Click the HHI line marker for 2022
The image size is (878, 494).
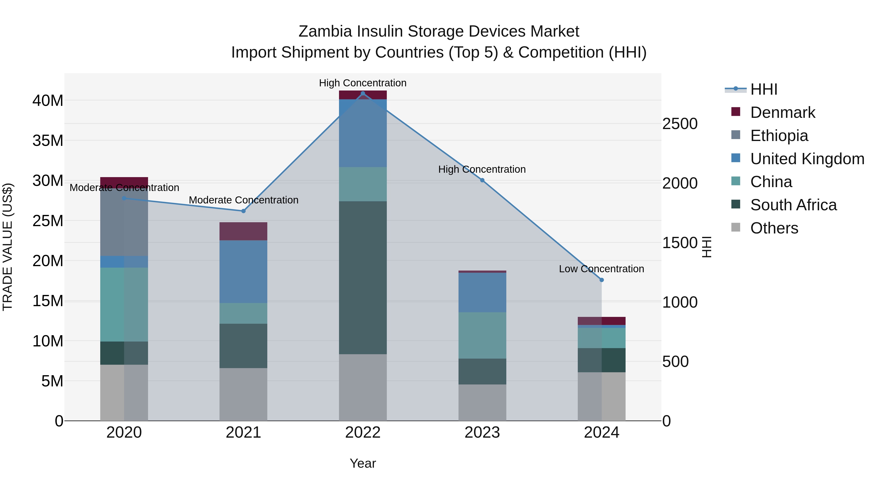click(x=363, y=93)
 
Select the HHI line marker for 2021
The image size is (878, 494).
click(x=243, y=211)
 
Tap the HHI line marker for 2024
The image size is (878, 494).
click(x=602, y=280)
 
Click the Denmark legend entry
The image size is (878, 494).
click(x=783, y=112)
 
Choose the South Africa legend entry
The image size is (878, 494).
click(x=793, y=205)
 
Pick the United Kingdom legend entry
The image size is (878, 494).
click(x=807, y=159)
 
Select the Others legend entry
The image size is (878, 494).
click(x=774, y=228)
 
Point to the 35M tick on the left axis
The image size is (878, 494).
click(x=48, y=141)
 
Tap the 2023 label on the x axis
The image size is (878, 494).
click(x=482, y=433)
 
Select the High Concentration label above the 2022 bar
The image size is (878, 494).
click(x=363, y=83)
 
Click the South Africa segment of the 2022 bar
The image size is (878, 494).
click(x=363, y=278)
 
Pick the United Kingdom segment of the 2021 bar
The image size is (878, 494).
click(x=243, y=272)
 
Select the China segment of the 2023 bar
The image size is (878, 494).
click(x=482, y=335)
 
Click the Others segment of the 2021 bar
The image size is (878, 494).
click(x=243, y=394)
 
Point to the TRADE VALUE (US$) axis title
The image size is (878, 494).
click(x=8, y=247)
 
